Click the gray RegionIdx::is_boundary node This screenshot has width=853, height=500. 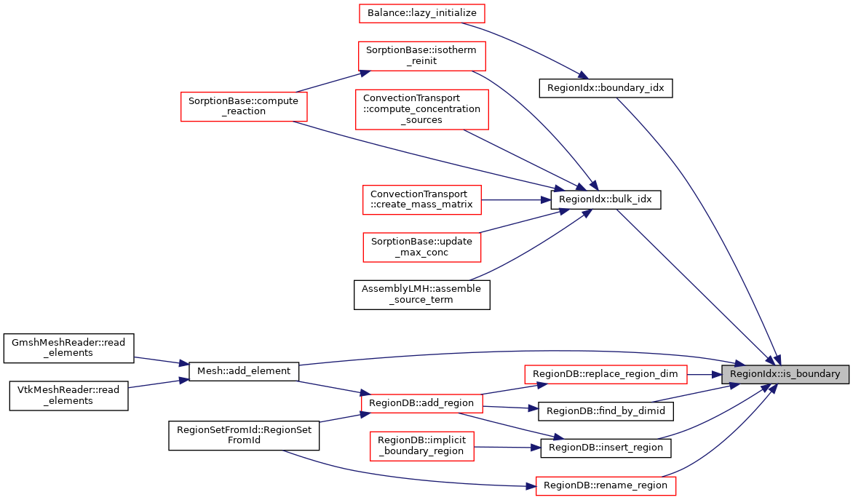click(785, 374)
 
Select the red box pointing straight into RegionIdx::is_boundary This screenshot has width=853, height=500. click(606, 374)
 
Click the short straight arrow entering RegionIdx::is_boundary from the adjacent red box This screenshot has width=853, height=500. click(704, 375)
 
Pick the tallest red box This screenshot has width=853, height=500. click(421, 109)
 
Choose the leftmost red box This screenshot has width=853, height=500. click(244, 106)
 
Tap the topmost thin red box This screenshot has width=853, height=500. click(421, 13)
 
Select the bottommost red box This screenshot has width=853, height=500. click(606, 486)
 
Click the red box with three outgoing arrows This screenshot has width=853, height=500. click(421, 403)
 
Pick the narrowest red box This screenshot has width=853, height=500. click(421, 445)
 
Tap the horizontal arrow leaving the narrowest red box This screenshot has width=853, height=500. click(507, 447)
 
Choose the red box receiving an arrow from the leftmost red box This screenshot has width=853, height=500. click(421, 56)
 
